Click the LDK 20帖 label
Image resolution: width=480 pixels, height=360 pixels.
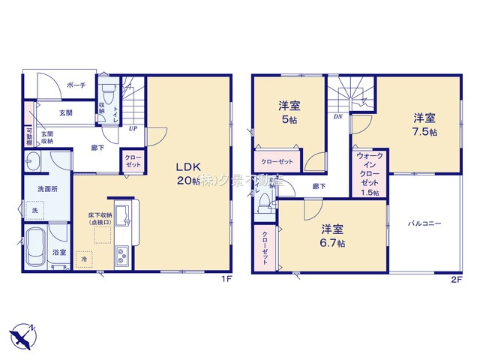pos(188,173)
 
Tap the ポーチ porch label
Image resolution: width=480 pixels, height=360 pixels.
pos(76,85)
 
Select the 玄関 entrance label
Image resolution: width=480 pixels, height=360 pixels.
pos(65,113)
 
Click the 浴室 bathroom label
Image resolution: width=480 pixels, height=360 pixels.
pos(58,253)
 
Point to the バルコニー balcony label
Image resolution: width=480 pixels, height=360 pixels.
pos(424,223)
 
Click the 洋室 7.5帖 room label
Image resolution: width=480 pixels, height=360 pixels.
pos(424,124)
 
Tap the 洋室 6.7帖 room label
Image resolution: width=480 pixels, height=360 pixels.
pos(333,235)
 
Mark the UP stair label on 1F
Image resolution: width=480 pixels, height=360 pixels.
pos(132,128)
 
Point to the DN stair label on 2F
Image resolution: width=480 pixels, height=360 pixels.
pos(337,118)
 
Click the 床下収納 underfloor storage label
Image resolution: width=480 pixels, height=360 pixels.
pos(99,219)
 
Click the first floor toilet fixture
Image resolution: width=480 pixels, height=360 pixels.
pos(107,96)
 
